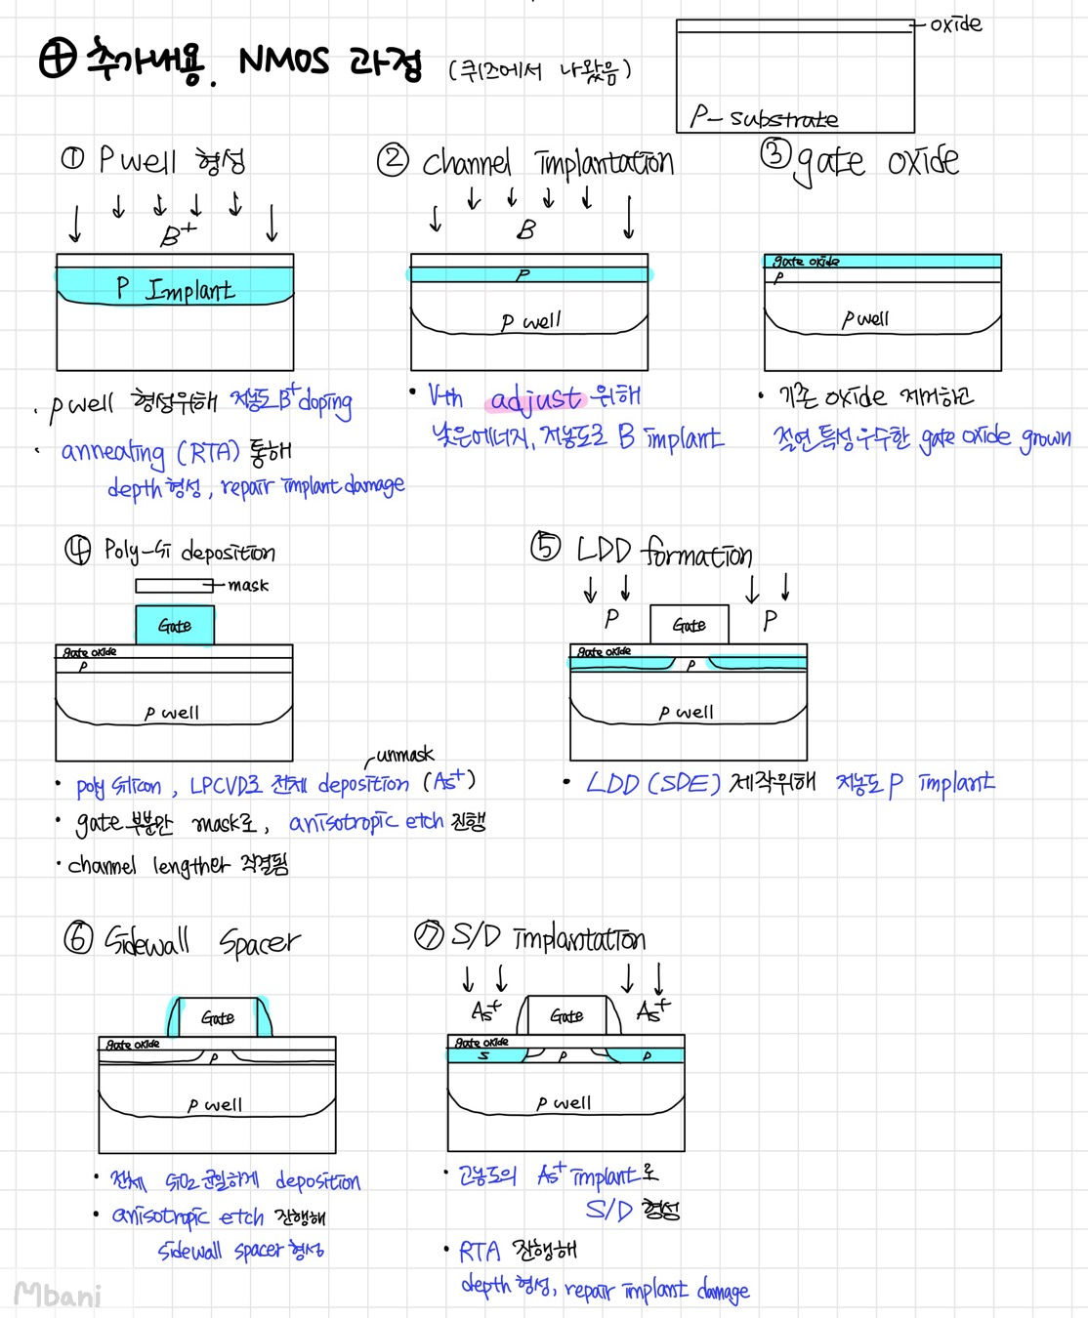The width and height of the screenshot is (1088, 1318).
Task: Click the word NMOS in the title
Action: point(284,61)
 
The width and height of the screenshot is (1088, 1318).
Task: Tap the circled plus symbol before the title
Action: point(58,60)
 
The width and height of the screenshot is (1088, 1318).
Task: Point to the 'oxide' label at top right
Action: point(955,24)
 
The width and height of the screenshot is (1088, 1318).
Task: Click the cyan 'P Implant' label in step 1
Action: point(176,289)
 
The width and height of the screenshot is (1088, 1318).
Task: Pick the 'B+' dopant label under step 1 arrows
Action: point(178,235)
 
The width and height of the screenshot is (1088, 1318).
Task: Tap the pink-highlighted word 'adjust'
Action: point(535,398)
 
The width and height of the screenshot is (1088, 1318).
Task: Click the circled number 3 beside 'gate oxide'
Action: point(775,153)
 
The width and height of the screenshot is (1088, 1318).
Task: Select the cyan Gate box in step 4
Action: point(175,626)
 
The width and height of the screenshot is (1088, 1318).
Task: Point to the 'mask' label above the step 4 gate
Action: point(248,586)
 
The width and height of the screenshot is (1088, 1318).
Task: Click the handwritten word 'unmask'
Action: point(404,755)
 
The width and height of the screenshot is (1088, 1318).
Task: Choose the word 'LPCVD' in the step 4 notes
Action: point(225,786)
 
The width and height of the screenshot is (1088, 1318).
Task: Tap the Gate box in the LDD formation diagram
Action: point(689,625)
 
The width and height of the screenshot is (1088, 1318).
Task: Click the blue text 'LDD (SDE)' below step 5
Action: point(652,784)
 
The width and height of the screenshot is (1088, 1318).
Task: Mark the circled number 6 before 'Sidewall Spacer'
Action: point(78,939)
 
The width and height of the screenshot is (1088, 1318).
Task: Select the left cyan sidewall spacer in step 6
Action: point(175,1017)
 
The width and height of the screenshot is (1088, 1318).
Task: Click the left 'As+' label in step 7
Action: point(485,1010)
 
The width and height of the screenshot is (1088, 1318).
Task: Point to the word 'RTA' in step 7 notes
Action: point(479,1252)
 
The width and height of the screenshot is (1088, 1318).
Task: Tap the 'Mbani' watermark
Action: point(59,1296)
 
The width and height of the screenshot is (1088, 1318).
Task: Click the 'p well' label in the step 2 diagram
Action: point(530,321)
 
